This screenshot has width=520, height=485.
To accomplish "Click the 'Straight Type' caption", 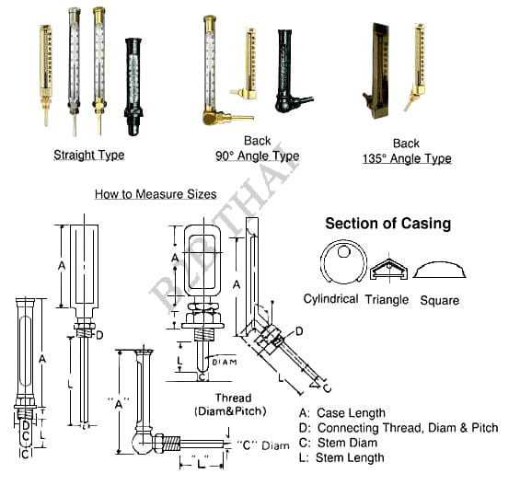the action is click(x=89, y=156).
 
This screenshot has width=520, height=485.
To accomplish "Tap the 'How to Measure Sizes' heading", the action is click(x=156, y=194).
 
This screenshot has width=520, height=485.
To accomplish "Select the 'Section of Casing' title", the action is click(x=388, y=224).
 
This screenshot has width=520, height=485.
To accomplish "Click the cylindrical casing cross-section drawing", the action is click(x=343, y=262).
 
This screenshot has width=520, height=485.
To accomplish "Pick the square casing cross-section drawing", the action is click(x=439, y=270).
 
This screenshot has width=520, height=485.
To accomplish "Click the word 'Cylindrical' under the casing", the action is click(x=330, y=299).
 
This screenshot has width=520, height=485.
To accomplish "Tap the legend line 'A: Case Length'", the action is click(x=342, y=413).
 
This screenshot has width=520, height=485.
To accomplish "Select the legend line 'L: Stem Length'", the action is click(x=341, y=457).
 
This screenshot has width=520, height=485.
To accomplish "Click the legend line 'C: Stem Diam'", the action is click(x=338, y=443).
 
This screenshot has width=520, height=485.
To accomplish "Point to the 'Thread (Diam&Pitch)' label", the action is click(x=230, y=405).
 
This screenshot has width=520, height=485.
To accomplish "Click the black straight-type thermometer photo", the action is click(x=133, y=87).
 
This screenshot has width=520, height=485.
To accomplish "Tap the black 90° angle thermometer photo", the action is click(x=292, y=71).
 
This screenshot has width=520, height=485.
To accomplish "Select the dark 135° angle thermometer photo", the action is click(x=376, y=71).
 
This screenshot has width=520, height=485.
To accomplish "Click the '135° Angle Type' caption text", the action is click(x=407, y=159).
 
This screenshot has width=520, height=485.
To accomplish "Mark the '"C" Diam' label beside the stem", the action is click(x=262, y=445).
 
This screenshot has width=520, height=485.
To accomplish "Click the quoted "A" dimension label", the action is click(x=119, y=405).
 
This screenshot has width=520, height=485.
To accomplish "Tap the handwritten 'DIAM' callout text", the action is click(x=225, y=362).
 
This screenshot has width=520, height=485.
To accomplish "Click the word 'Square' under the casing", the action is click(x=440, y=300).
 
